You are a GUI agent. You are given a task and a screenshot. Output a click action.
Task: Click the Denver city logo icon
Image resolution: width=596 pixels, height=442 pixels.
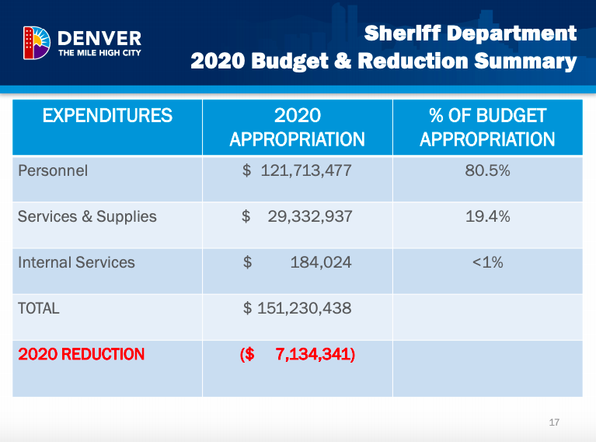(37, 43)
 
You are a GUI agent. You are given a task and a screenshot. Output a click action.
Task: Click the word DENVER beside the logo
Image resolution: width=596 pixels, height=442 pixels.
(99, 38)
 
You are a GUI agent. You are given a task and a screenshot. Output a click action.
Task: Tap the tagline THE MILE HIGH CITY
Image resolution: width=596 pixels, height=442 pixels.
(99, 53)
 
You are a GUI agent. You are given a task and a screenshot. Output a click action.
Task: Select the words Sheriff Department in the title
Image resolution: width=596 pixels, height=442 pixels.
(470, 33)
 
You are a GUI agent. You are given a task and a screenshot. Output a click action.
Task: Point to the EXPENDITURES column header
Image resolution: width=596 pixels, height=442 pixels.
(107, 115)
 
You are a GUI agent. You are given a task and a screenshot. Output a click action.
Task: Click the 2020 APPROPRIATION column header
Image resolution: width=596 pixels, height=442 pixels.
(298, 127)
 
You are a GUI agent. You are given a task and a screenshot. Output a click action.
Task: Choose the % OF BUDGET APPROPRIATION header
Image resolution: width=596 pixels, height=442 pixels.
(487, 127)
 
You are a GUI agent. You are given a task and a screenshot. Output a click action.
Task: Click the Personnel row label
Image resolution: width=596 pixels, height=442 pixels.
(53, 170)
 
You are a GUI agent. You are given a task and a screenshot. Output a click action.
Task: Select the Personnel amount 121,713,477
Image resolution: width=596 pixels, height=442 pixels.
(306, 170)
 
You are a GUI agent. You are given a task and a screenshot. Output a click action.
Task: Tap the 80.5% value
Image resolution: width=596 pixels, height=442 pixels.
(487, 170)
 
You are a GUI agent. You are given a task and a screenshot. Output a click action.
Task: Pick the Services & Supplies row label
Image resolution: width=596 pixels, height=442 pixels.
(87, 216)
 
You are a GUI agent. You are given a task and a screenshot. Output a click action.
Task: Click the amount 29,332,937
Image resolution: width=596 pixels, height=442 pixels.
(310, 216)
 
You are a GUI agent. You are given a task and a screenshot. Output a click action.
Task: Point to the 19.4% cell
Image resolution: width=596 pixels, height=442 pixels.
(488, 216)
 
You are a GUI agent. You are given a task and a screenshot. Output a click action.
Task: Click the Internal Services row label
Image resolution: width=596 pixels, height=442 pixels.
(76, 262)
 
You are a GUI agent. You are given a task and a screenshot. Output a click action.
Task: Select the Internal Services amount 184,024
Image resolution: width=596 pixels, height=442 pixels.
(321, 262)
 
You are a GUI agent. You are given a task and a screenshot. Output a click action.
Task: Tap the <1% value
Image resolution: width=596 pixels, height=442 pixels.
(488, 262)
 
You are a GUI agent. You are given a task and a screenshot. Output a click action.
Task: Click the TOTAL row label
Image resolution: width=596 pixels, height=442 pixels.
(39, 308)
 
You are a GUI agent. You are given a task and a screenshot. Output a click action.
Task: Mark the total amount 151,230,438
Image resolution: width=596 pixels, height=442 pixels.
(304, 308)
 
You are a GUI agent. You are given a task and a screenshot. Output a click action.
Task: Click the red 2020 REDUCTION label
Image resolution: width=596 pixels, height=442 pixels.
(82, 354)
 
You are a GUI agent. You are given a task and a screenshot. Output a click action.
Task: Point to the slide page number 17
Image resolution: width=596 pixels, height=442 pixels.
(554, 423)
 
